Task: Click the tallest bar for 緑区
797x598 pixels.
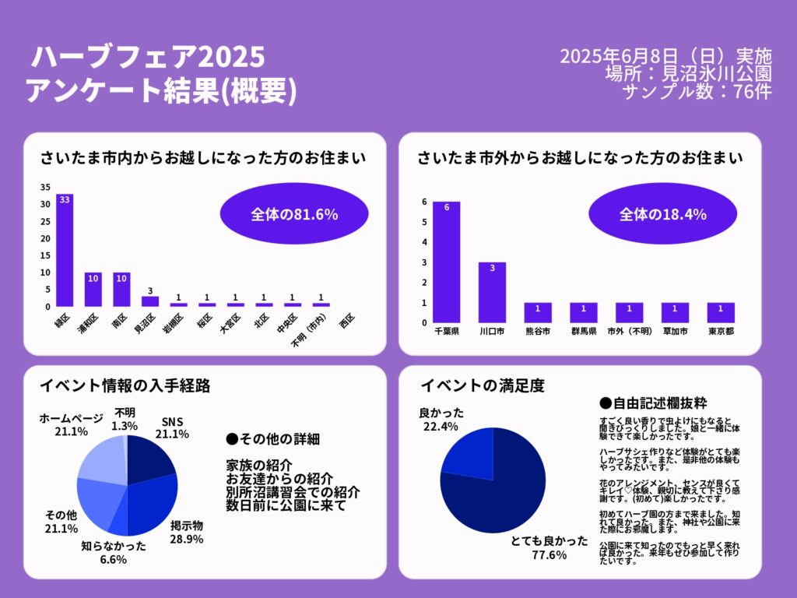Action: (65, 249)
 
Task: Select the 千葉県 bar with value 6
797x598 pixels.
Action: (447, 262)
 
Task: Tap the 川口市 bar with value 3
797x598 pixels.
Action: (492, 292)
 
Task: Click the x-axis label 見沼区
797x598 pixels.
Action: (145, 323)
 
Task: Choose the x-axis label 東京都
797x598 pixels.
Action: (722, 331)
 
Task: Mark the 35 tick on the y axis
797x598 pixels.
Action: (45, 187)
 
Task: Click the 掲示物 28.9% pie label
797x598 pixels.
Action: (187, 531)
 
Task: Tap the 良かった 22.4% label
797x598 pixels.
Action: (441, 418)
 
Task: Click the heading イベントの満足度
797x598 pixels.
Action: (482, 385)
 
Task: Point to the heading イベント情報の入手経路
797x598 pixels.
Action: (125, 385)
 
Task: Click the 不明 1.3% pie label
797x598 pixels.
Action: (125, 420)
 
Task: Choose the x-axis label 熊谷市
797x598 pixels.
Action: (538, 331)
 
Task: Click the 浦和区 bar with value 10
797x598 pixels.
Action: (93, 289)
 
